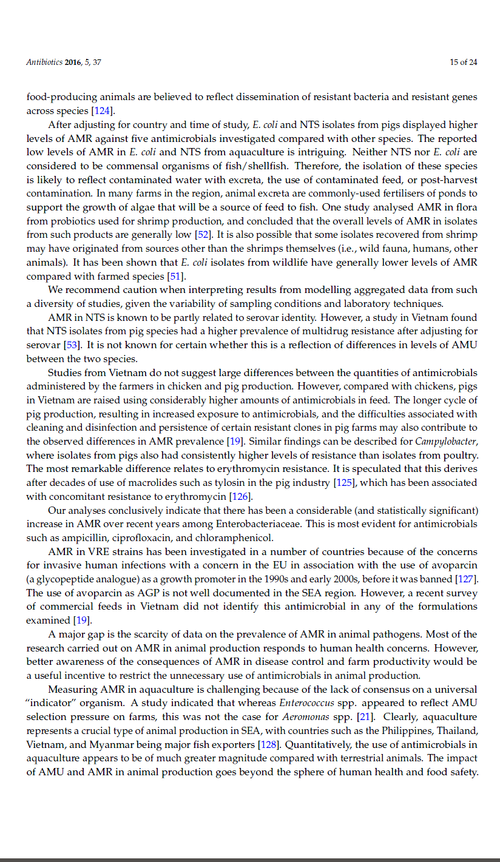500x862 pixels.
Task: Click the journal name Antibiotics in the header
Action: click(45, 62)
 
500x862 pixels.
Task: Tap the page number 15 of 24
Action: click(464, 62)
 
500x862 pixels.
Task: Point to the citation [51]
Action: click(175, 276)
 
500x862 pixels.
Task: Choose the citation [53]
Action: click(72, 345)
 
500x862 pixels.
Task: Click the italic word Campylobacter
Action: click(446, 441)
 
